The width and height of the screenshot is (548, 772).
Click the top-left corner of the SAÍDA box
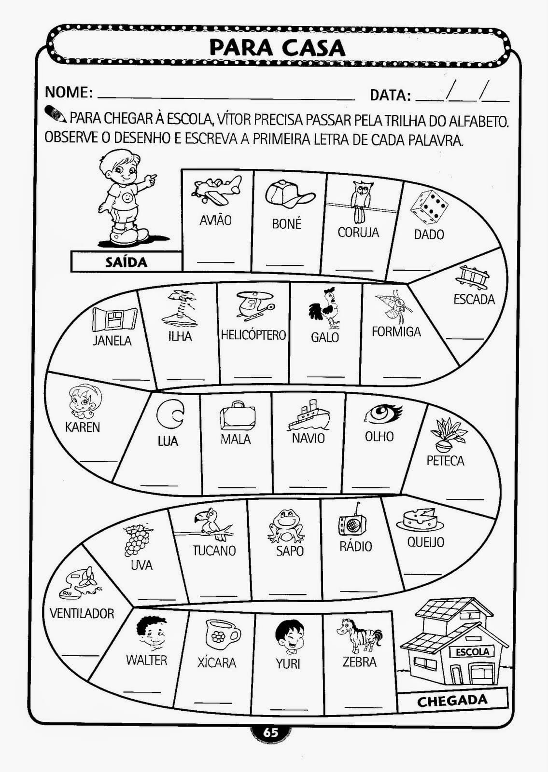(71, 251)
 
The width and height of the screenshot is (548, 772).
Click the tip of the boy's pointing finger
(156, 176)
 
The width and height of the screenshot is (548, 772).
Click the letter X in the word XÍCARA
(201, 663)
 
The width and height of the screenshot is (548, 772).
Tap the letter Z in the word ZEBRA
(346, 662)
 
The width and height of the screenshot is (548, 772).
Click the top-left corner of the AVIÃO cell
(182, 169)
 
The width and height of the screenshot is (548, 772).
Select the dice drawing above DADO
(429, 205)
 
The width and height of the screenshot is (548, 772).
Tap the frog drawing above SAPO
(286, 525)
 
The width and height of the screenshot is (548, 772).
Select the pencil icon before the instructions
(55, 114)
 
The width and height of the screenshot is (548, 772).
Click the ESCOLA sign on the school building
(473, 652)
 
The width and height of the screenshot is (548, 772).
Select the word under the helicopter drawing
(253, 335)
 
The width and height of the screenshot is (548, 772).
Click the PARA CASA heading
(277, 48)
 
